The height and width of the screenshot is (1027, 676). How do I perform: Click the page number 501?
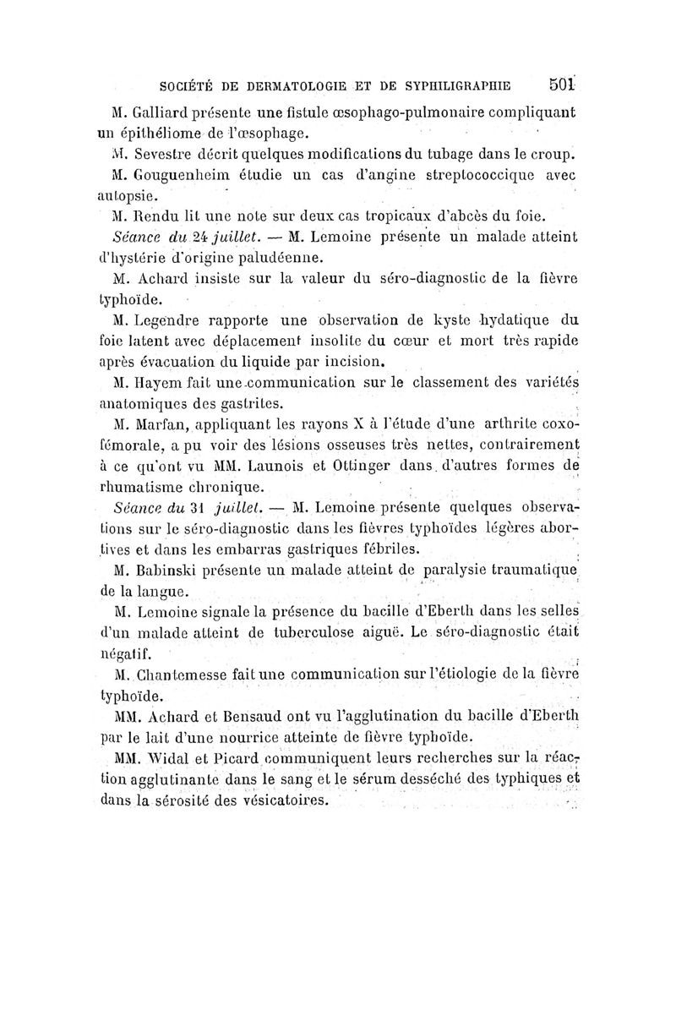pos(561,85)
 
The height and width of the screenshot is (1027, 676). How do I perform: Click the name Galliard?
pos(163,112)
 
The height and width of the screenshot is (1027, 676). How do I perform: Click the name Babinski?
pos(166,569)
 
